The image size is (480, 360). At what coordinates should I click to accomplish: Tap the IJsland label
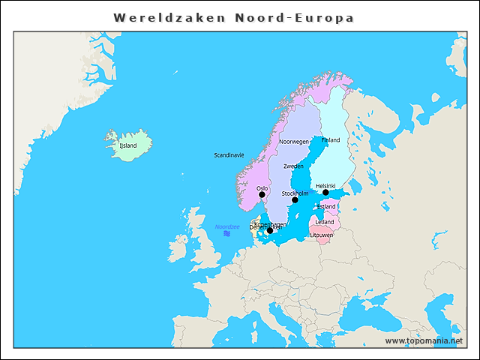tap(128, 145)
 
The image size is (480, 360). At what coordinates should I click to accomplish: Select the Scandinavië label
tap(229, 155)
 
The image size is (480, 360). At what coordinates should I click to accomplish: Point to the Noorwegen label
tap(294, 142)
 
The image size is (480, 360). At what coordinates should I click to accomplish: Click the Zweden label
tap(293, 166)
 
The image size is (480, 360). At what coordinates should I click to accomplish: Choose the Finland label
tap(330, 140)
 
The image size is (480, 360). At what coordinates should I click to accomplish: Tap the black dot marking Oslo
tap(262, 195)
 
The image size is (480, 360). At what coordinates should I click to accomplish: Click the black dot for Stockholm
tap(295, 200)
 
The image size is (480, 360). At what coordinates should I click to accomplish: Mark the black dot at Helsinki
tap(325, 193)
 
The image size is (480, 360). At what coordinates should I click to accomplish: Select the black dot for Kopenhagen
tap(270, 231)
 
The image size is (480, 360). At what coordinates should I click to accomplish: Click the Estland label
tap(326, 206)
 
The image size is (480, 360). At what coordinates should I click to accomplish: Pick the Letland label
tap(325, 222)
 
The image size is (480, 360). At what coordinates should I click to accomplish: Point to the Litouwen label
tap(322, 235)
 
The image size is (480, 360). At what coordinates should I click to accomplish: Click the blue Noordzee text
tap(226, 226)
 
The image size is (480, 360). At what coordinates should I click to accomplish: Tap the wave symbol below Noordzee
tap(226, 234)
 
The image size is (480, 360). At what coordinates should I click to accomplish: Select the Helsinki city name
tap(325, 185)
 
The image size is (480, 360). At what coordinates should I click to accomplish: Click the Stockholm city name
tap(295, 193)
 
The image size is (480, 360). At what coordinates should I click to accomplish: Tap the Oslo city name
tap(262, 188)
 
